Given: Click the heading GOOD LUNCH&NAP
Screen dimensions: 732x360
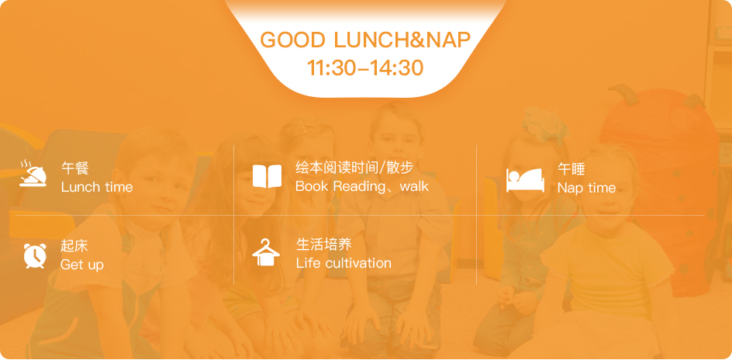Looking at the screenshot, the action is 365,40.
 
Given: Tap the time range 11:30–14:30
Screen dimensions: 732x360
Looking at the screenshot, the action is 365,67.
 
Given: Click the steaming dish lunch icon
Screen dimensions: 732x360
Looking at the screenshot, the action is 33,173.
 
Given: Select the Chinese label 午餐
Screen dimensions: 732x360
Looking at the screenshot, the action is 74,168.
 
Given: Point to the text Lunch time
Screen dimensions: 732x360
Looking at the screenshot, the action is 97,187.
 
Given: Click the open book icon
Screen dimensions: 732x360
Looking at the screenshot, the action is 267,176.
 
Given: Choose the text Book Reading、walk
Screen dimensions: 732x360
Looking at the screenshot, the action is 362,186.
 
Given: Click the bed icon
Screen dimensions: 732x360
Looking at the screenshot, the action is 525,180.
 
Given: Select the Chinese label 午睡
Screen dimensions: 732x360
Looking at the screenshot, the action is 571,168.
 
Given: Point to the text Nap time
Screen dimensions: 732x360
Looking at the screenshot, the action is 586,188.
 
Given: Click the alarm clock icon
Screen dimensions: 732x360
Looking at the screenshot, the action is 35,255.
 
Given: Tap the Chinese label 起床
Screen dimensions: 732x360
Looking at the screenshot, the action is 74,246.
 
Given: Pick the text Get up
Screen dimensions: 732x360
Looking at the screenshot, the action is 82,265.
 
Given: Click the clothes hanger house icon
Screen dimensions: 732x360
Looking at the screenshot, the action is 266,252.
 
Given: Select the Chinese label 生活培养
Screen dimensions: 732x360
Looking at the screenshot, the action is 323,244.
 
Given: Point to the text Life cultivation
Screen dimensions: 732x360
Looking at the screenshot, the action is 344,263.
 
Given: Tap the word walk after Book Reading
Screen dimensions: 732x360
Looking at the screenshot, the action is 414,186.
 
